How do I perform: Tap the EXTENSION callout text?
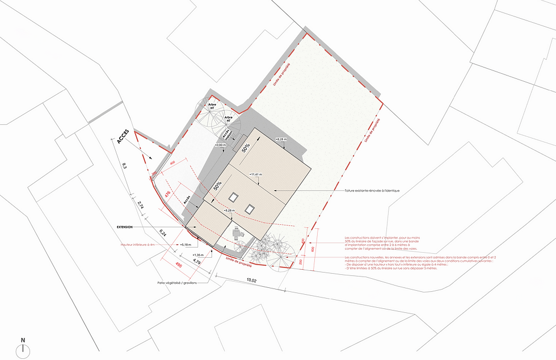(125, 227)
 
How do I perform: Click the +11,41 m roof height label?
(256, 174)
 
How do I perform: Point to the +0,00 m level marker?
(221, 145)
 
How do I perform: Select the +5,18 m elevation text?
(187, 245)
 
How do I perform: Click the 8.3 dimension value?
(124, 166)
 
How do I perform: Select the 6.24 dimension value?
(163, 233)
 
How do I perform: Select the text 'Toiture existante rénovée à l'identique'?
(372, 191)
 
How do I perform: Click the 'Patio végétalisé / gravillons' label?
(177, 282)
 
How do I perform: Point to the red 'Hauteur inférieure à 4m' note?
(137, 245)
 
